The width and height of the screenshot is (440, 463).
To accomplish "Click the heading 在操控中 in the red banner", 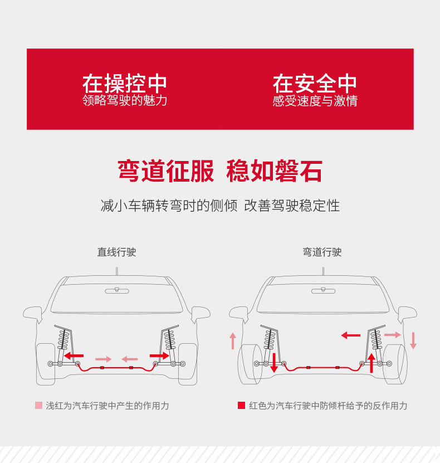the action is coord(125,84).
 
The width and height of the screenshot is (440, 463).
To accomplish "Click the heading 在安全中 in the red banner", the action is coord(315,84).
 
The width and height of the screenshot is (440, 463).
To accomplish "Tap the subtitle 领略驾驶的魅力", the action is coord(125,101).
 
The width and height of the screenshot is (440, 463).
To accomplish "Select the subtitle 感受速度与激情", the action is coord(315,101).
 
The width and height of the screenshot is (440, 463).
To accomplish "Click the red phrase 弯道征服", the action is coord(165,171).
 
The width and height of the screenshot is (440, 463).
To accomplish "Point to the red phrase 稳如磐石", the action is coord(274,171).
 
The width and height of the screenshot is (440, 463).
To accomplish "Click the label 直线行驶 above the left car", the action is coord(116,252).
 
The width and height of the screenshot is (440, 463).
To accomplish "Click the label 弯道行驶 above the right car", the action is coord(322,252).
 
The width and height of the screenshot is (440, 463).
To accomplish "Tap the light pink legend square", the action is coord(38,405).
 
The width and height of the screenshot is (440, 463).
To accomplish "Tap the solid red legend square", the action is coord(241,405).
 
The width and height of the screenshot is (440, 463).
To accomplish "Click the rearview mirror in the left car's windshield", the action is coord(116,290).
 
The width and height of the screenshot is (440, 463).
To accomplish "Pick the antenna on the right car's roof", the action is coord(323,271).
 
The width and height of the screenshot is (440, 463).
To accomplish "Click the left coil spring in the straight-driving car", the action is coord(63,339).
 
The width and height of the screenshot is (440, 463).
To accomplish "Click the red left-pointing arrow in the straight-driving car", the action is coord(74,355).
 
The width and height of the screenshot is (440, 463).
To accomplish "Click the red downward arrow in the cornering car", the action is coord(273,362).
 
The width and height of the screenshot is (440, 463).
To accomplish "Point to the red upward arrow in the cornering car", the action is coord(371,362).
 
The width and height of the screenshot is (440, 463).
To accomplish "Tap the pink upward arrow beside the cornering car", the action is coord(233,340).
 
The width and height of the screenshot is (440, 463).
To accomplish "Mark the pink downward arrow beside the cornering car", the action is coord(413,340).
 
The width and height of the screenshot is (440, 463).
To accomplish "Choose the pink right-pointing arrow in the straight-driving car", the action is coord(103,359).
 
